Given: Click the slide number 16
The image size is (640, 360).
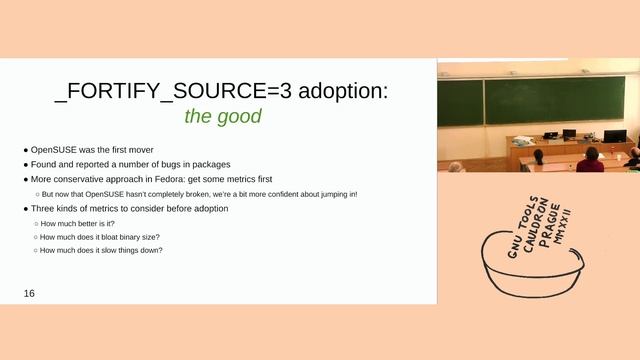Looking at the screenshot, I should pos(30,293).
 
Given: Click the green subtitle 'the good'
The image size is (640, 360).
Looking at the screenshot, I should pos(220,116).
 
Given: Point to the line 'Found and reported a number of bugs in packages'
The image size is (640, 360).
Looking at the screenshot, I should pos(130,164).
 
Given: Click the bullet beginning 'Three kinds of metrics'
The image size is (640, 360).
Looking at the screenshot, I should pos(128,208).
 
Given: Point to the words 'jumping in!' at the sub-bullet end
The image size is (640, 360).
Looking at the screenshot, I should pos(336,193).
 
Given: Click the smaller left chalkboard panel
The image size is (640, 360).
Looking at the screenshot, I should pos(460,102).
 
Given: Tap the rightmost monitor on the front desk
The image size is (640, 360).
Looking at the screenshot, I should pos(614,136).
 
